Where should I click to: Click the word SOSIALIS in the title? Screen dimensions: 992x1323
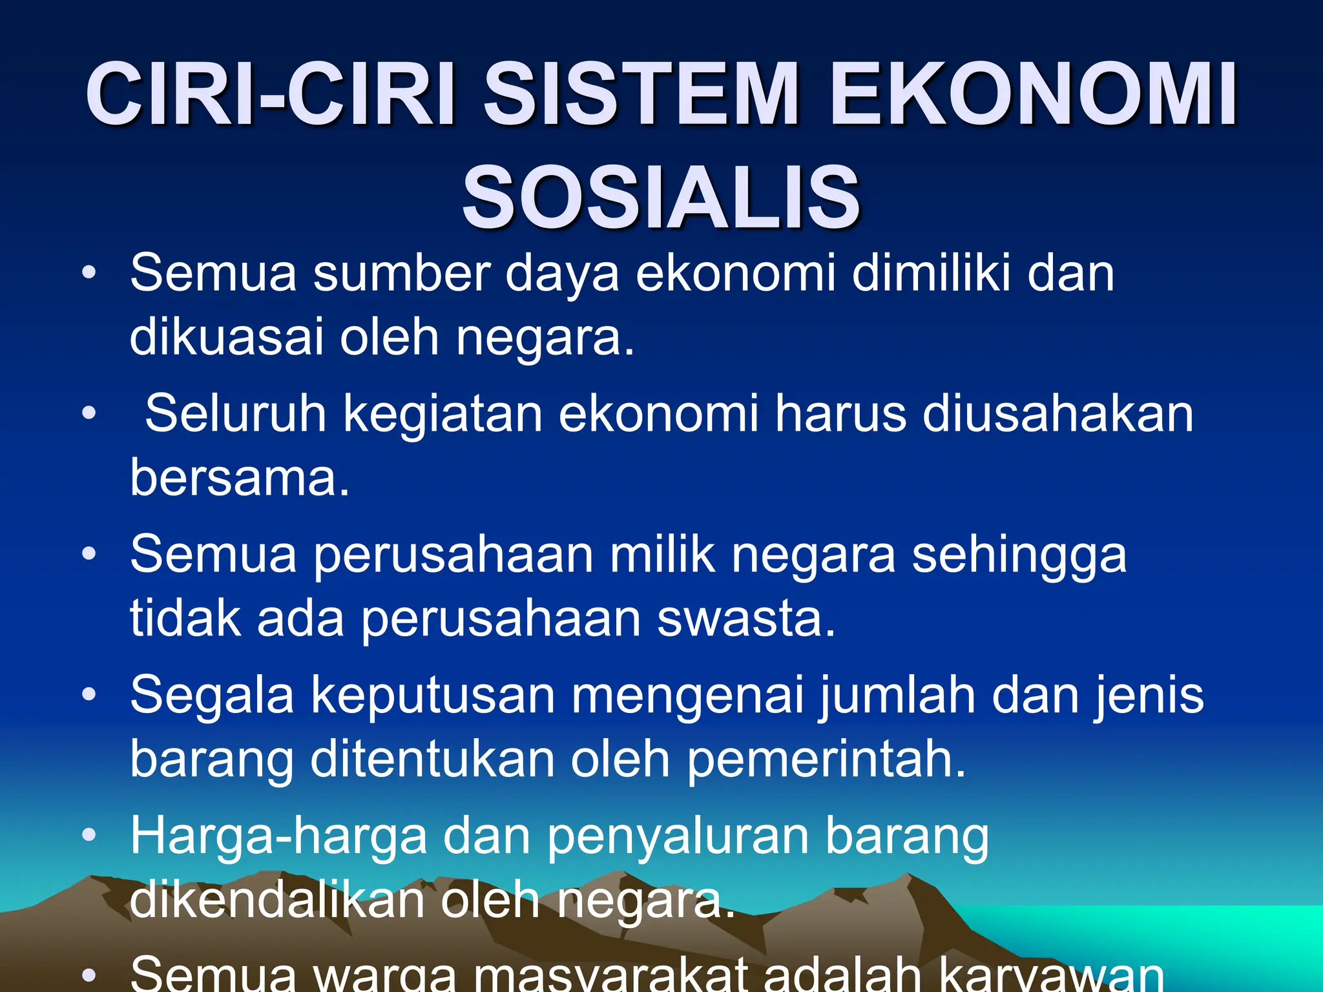[x=661, y=197]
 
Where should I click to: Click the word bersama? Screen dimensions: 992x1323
[x=239, y=478]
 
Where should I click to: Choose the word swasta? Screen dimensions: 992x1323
[x=746, y=619]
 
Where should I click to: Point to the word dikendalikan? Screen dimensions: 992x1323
[x=276, y=900]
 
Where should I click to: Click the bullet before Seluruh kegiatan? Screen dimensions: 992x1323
[x=89, y=413]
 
